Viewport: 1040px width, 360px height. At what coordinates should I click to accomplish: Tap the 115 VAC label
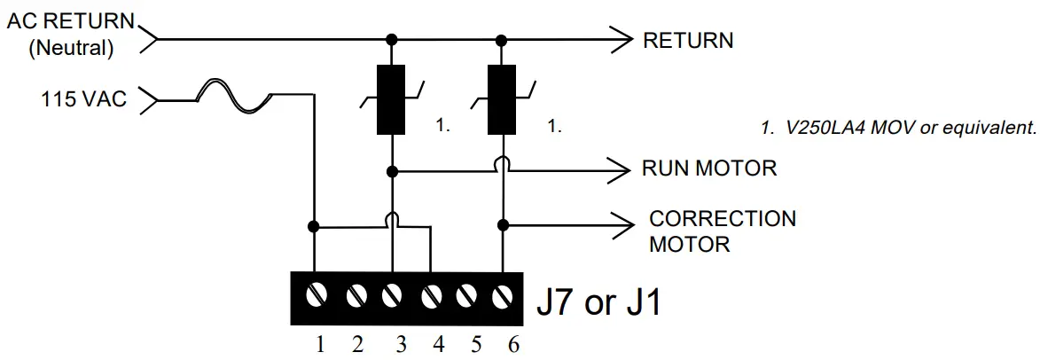[x=83, y=99]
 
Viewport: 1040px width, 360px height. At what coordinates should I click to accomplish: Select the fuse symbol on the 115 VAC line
[x=234, y=96]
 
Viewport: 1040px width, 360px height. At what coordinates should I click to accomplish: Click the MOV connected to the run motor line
[x=390, y=100]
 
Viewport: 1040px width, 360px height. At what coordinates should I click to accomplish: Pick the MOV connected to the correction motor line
[x=503, y=100]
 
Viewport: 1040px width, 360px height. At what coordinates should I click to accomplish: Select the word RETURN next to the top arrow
[x=688, y=40]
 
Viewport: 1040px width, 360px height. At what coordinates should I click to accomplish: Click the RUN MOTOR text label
[x=709, y=168]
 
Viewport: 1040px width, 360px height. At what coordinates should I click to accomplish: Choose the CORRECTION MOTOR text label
[x=723, y=231]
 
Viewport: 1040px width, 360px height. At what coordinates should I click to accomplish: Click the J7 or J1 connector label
[x=599, y=303]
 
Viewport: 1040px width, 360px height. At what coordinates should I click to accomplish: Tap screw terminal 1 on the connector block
[x=315, y=296]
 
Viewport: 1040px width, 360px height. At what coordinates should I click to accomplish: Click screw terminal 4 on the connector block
[x=431, y=296]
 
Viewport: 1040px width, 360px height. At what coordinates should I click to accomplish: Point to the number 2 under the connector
[x=357, y=343]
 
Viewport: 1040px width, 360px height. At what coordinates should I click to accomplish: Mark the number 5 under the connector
[x=475, y=343]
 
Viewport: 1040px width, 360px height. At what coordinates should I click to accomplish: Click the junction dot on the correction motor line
[x=503, y=223]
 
